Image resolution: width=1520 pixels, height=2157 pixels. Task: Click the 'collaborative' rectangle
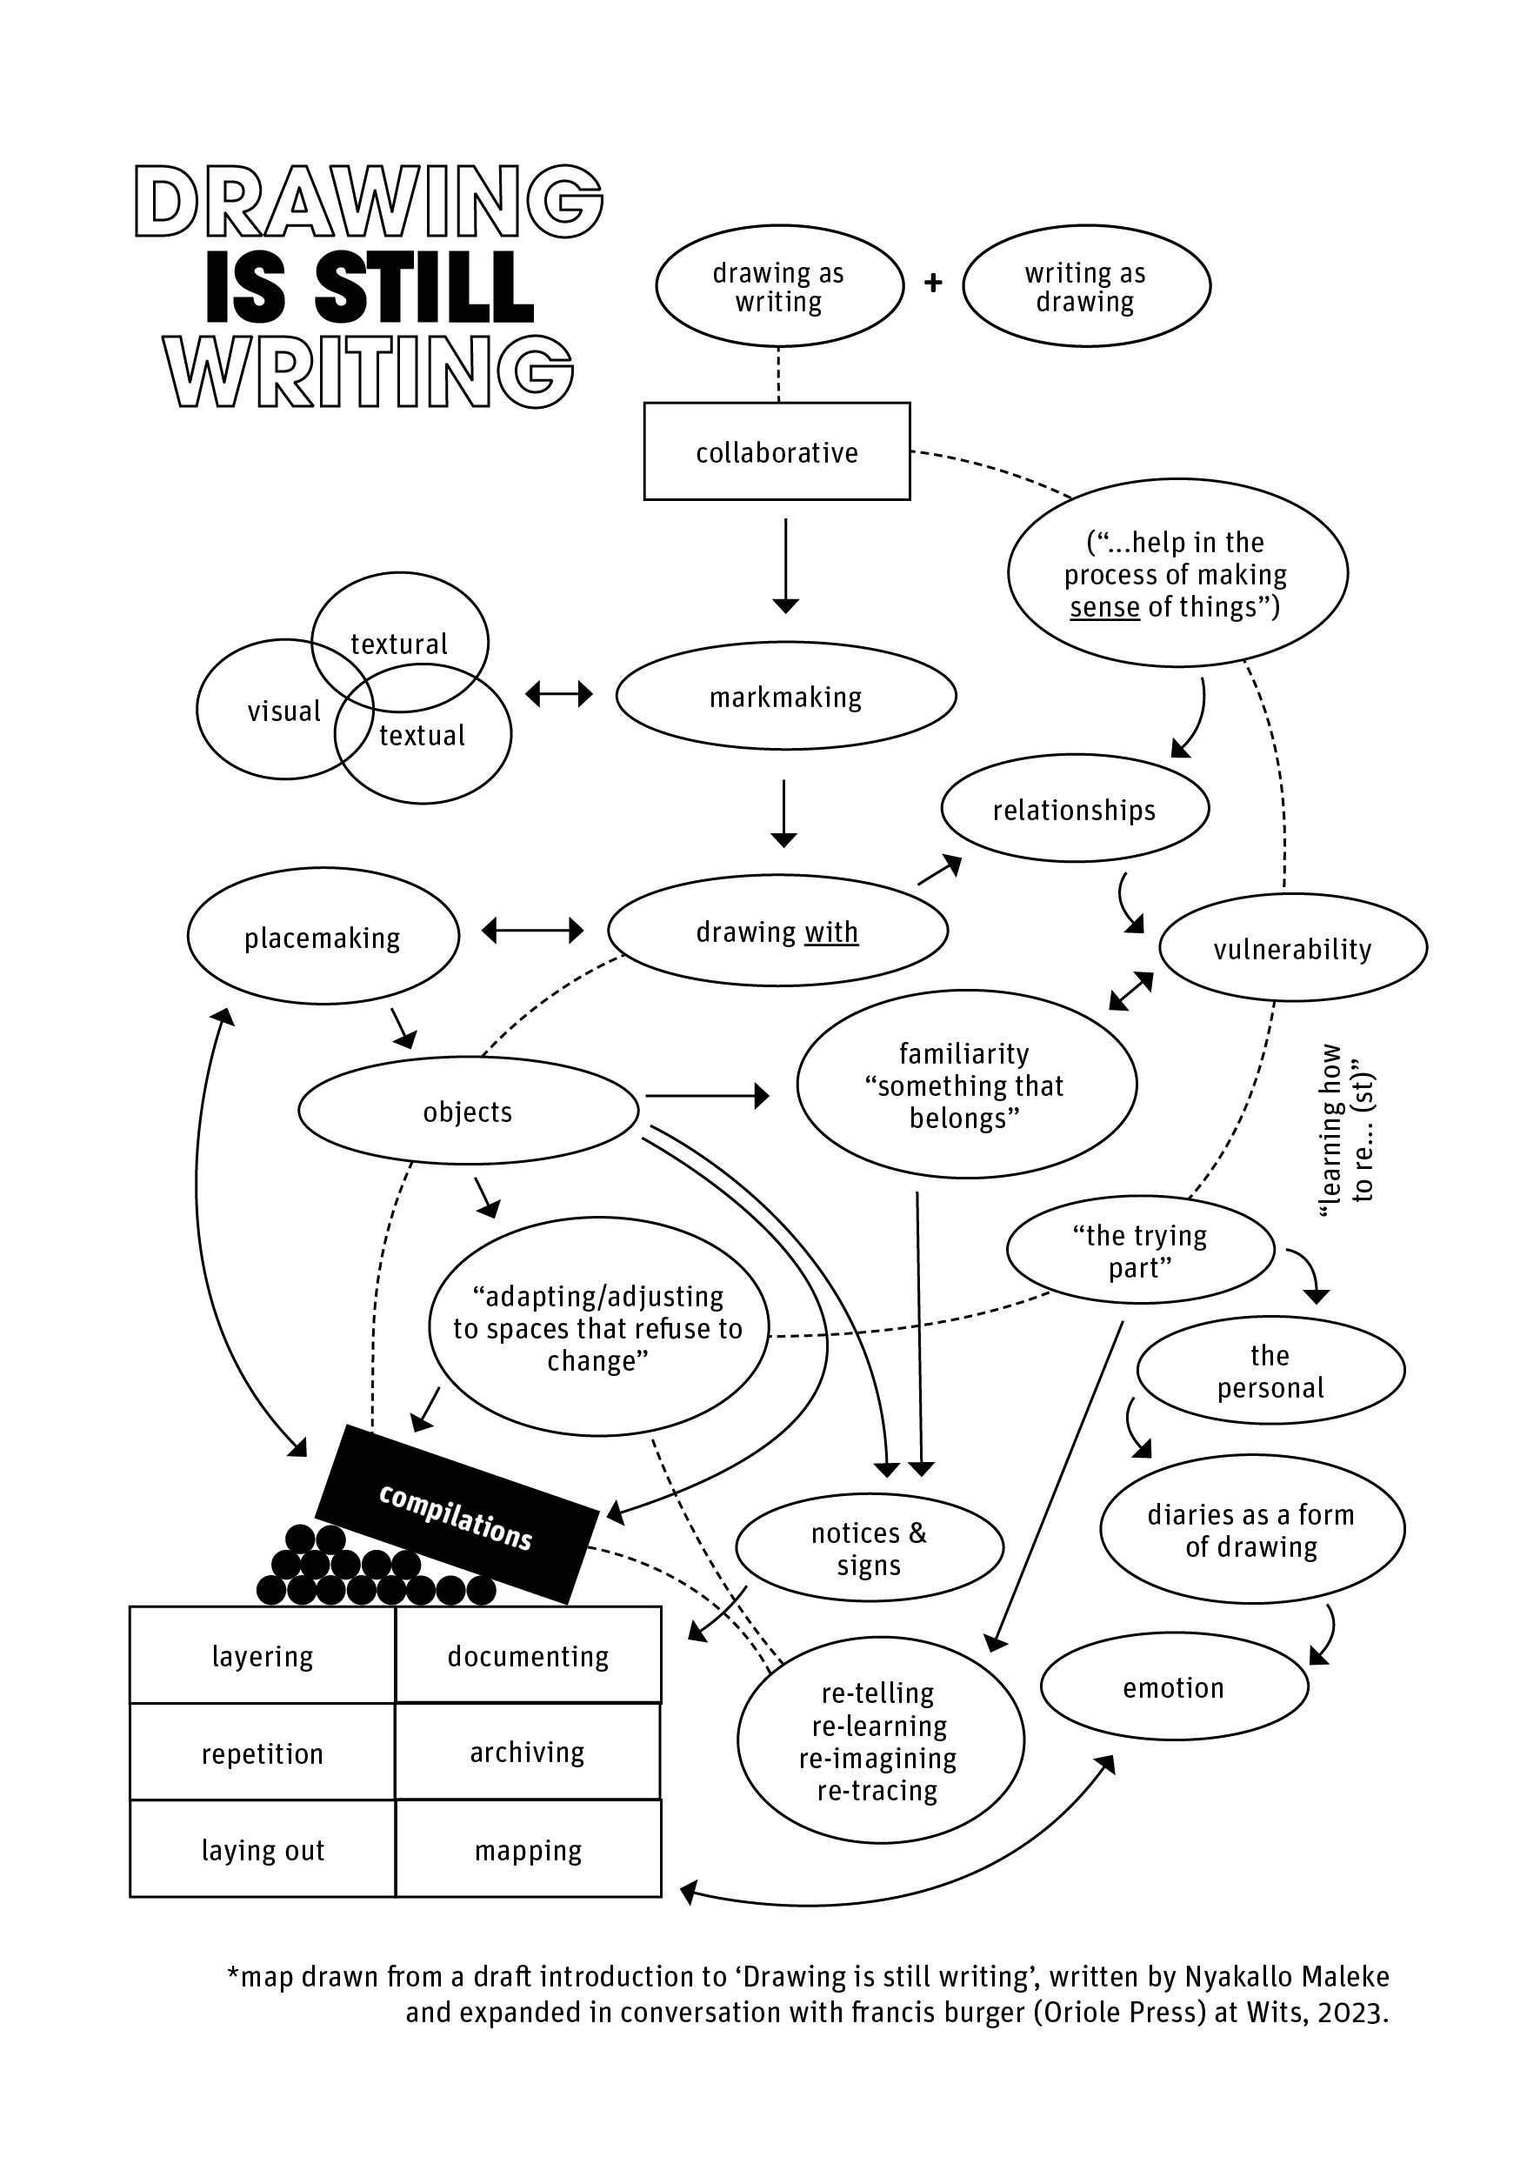(776, 452)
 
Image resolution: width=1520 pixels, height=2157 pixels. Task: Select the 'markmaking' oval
(785, 696)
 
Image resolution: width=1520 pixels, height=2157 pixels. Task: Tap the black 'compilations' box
(457, 1514)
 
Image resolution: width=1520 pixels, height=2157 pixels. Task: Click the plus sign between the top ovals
(933, 283)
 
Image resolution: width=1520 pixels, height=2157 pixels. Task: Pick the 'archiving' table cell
(527, 1752)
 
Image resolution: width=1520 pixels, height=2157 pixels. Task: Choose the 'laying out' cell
(262, 1850)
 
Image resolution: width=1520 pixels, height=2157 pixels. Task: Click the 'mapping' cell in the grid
(528, 1850)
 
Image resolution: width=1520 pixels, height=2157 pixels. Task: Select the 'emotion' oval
(1173, 1687)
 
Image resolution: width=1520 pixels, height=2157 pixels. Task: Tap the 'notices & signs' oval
(869, 1548)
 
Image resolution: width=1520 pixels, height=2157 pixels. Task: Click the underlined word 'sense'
(1103, 607)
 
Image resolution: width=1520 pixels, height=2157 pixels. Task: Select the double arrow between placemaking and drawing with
(533, 930)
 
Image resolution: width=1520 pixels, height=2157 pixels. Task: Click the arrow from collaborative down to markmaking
(785, 564)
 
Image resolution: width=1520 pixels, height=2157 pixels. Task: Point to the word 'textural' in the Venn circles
(399, 644)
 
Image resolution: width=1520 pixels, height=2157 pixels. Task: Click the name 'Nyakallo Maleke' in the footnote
(1286, 1977)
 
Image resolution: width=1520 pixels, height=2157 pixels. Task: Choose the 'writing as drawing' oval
(1085, 286)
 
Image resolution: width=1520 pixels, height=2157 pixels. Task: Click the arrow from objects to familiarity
(706, 1095)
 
